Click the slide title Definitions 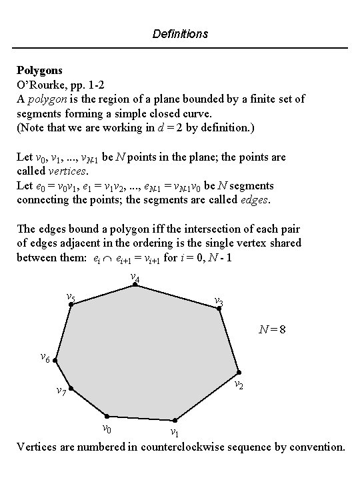180,33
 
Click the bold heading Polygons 39,69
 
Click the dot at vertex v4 135,285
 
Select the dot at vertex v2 239,372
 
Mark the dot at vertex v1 175,421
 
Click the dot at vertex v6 55,363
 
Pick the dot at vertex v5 71,305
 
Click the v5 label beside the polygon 70,296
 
